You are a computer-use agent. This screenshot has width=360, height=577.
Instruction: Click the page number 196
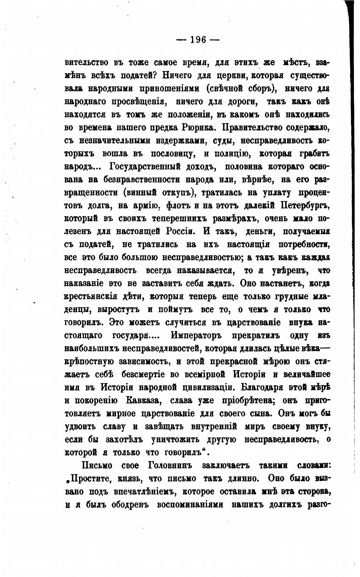coord(198,40)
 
